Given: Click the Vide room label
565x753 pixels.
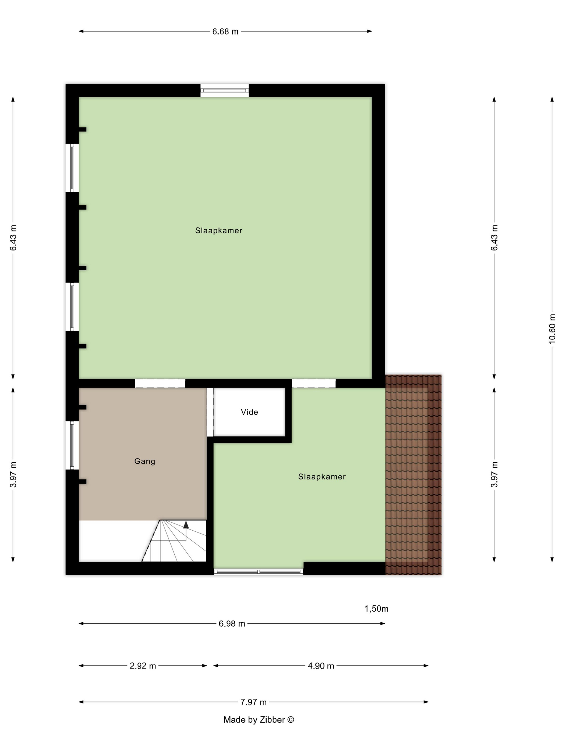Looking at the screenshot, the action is point(249,412).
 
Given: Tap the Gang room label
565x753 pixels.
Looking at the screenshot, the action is point(145,461).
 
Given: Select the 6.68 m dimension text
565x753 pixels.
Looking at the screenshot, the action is point(225,31).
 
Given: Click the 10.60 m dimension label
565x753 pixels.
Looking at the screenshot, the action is point(552,329).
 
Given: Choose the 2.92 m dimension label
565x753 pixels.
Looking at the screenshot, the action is point(143,666).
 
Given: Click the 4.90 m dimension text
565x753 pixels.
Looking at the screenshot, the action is point(321,666).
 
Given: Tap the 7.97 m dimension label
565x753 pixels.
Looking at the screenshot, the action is point(253,702).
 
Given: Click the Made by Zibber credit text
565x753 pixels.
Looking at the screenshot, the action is point(259,720).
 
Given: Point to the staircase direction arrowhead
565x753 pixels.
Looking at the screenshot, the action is point(186,525).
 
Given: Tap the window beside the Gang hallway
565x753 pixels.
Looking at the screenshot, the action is point(72,445).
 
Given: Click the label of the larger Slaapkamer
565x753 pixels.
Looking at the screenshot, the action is point(219,230).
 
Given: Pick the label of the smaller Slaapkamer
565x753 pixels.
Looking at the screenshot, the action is point(322,477).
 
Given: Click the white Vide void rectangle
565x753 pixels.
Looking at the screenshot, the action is point(249,412).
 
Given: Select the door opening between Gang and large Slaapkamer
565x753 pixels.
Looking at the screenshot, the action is point(160,383).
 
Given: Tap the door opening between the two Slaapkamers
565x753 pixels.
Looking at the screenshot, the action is point(314,383).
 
